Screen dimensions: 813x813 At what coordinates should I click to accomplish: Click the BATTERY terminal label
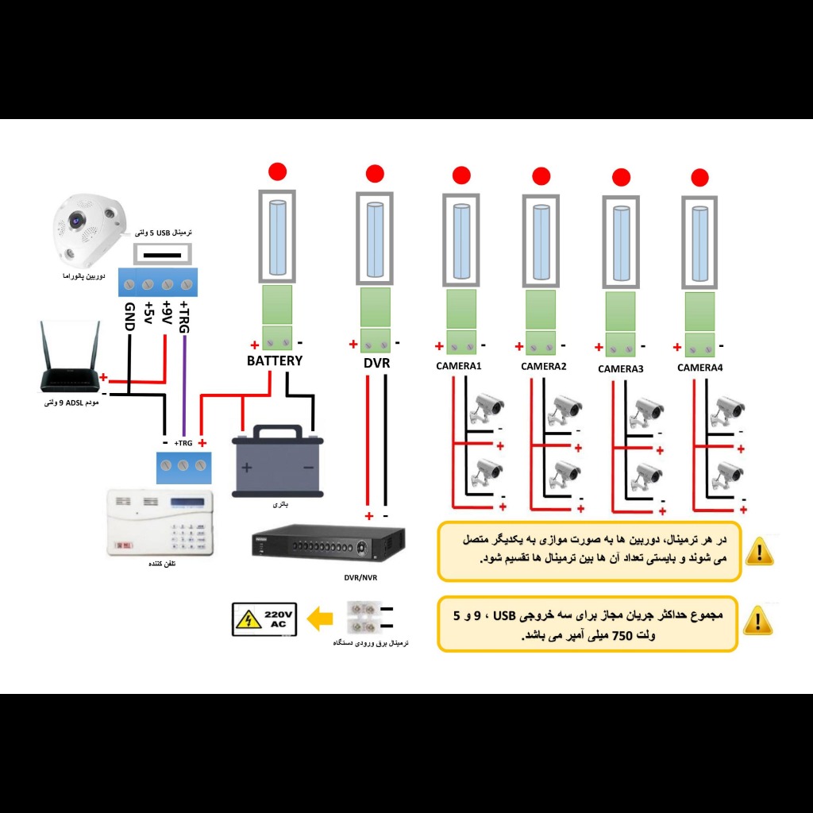click(x=274, y=360)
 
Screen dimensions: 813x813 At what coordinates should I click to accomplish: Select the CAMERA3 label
click(x=620, y=368)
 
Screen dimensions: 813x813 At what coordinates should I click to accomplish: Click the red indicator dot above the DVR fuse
click(x=374, y=174)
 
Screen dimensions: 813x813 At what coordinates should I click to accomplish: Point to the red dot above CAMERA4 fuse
click(x=699, y=177)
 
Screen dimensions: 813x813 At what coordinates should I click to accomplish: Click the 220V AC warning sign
click(x=264, y=619)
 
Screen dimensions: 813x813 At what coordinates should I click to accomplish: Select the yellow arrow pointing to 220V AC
click(x=320, y=618)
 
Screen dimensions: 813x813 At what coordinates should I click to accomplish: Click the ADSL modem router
click(x=72, y=361)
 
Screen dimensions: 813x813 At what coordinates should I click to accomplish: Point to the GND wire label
click(x=129, y=317)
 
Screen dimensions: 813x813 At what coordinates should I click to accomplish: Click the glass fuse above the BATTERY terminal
click(x=276, y=237)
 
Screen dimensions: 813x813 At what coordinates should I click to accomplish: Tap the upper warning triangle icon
click(x=759, y=550)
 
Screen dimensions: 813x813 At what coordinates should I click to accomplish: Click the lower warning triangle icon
click(x=759, y=620)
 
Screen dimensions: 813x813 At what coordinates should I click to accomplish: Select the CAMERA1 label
click(x=459, y=366)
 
